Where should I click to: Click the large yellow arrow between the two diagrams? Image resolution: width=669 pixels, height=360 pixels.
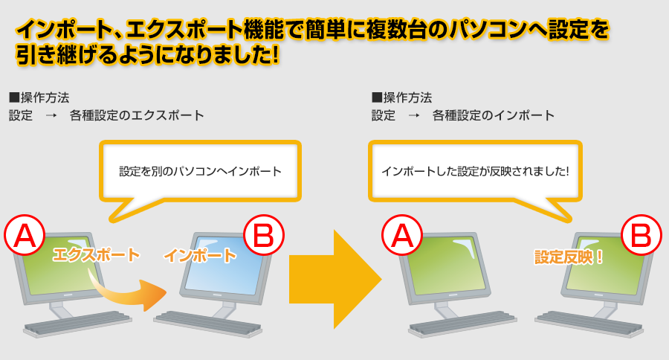(x=335, y=279)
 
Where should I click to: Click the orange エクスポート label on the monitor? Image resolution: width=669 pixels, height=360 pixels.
(x=96, y=255)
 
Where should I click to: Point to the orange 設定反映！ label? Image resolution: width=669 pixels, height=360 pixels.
(x=569, y=257)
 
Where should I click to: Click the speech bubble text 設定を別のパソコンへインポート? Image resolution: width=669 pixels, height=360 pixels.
(x=200, y=171)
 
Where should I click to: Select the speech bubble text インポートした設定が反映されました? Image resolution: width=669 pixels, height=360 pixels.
(x=475, y=171)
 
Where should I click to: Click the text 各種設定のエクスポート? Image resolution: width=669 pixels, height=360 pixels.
(x=137, y=115)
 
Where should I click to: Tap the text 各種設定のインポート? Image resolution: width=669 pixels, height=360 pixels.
(x=494, y=115)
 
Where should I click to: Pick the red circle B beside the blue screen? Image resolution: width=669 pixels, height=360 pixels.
(x=263, y=235)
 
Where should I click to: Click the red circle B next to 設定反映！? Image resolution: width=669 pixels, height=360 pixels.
(x=641, y=235)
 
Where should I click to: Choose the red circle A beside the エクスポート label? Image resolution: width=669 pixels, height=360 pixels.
(x=25, y=235)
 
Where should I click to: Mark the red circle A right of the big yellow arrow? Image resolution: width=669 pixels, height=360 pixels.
(x=402, y=235)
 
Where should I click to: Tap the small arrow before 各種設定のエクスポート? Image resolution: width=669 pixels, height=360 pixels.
(x=51, y=115)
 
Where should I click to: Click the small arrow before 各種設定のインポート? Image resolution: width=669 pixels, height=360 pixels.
(x=414, y=115)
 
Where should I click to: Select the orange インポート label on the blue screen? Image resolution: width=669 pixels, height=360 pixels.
(x=200, y=255)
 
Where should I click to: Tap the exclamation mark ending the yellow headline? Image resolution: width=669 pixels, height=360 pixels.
(x=274, y=54)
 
